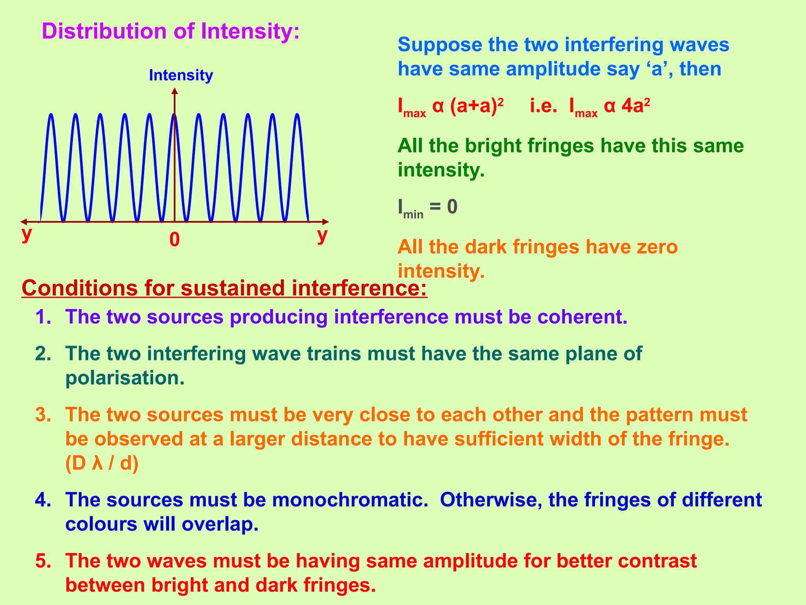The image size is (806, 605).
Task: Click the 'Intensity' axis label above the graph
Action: tap(181, 75)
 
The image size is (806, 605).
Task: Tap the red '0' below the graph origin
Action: tap(174, 239)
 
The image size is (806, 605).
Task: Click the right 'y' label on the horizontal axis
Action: tap(322, 236)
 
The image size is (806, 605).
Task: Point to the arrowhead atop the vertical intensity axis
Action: tap(175, 91)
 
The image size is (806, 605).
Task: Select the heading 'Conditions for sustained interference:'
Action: tap(224, 288)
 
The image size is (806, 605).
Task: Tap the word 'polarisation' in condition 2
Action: tap(124, 378)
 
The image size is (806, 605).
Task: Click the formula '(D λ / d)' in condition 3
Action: tap(102, 464)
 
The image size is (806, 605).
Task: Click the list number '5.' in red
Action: tap(43, 561)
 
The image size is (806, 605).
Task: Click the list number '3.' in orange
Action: tap(43, 415)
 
